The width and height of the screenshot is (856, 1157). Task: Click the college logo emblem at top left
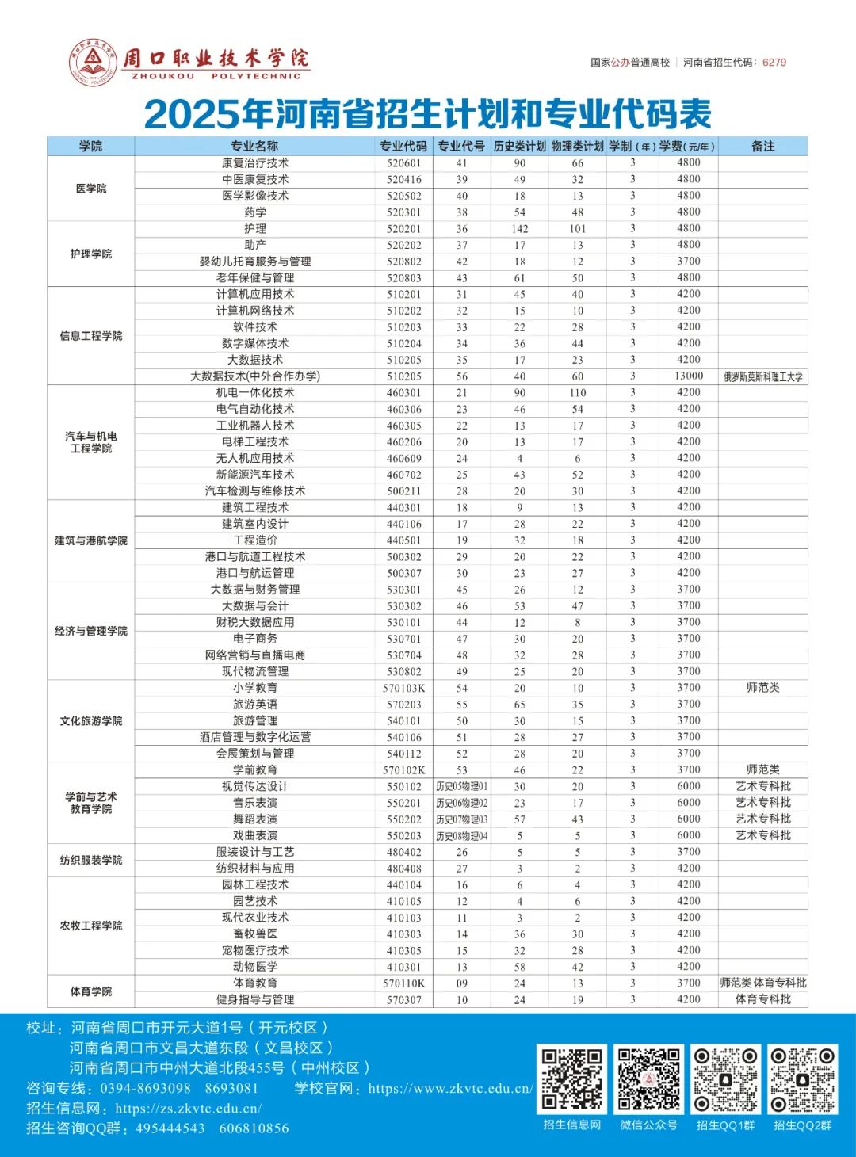point(93,62)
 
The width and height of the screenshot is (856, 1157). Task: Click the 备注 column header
point(762,146)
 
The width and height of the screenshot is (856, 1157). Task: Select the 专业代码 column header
point(403,146)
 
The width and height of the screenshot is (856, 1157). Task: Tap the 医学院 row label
point(91,189)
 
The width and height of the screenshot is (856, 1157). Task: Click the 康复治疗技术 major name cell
point(255,163)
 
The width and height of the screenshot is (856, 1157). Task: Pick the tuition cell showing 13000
point(689,376)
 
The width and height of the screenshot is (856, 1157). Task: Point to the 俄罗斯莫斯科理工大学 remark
point(762,377)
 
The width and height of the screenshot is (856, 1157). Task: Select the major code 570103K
point(404,688)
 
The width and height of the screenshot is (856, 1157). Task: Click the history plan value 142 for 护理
point(520,229)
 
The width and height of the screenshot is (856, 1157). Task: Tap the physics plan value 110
point(578,393)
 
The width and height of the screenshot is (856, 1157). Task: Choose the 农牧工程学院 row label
point(91,926)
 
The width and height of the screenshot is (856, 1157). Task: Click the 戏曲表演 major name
point(255,835)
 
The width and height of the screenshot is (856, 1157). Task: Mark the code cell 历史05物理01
point(462,787)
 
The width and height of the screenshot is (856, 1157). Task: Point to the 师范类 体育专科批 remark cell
point(762,983)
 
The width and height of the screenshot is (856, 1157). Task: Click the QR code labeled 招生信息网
point(572,1079)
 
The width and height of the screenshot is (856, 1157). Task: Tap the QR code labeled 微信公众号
point(648,1079)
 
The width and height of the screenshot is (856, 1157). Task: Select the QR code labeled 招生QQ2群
point(802,1079)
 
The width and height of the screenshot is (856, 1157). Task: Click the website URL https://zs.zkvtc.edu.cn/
point(189,1109)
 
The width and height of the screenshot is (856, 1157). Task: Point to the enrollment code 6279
point(774,63)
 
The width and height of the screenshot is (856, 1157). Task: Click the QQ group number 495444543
point(170,1128)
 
